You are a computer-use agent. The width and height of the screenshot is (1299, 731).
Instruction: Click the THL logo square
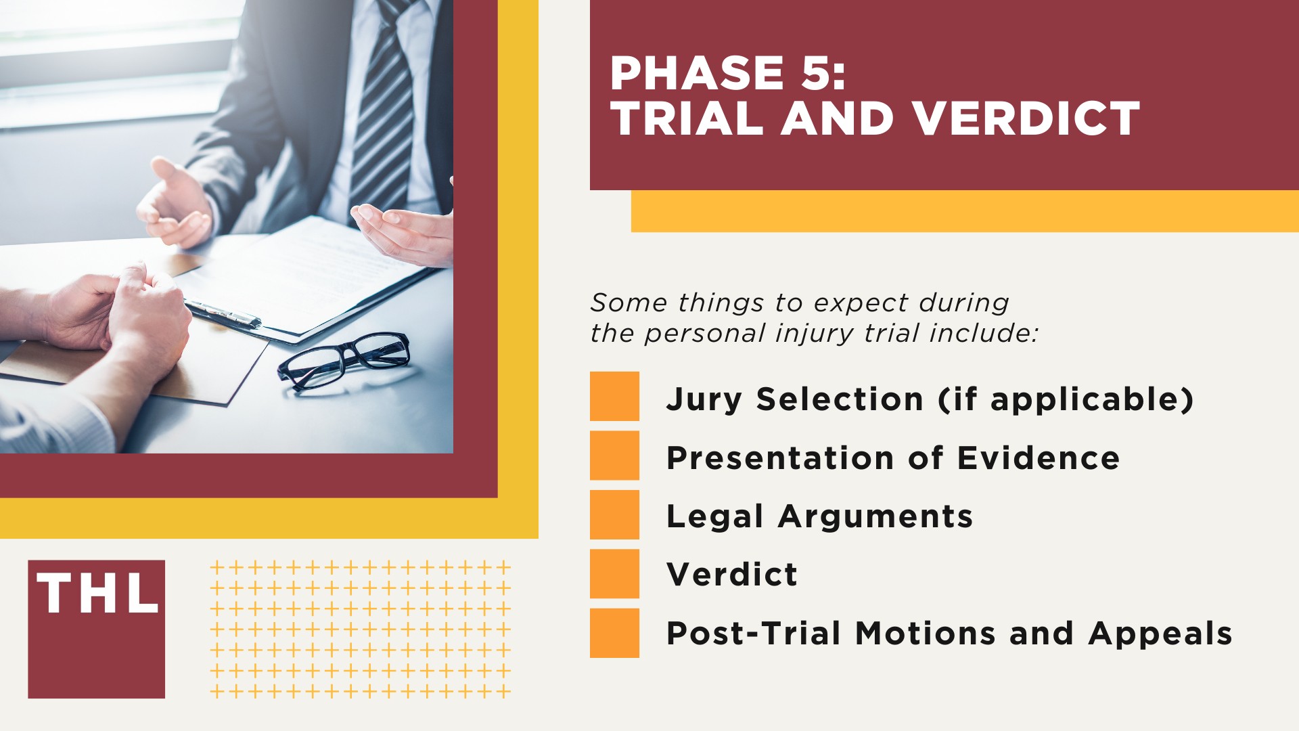pos(96,629)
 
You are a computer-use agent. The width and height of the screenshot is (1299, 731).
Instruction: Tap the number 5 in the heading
pos(816,73)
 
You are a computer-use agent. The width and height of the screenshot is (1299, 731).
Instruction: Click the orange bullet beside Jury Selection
pos(614,396)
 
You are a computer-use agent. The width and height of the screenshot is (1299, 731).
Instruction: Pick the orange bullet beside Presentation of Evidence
pos(614,455)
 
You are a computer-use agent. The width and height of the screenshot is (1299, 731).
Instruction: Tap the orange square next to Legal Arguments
pos(614,514)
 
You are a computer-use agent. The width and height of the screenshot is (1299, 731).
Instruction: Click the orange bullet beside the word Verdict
pos(614,573)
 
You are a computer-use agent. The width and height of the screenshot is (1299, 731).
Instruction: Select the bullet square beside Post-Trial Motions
pos(614,633)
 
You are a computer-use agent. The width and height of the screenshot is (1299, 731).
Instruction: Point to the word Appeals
pos(1160,634)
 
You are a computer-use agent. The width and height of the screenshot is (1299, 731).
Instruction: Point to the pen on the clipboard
pos(223,314)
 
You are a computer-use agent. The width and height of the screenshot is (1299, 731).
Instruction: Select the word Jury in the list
pos(704,399)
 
